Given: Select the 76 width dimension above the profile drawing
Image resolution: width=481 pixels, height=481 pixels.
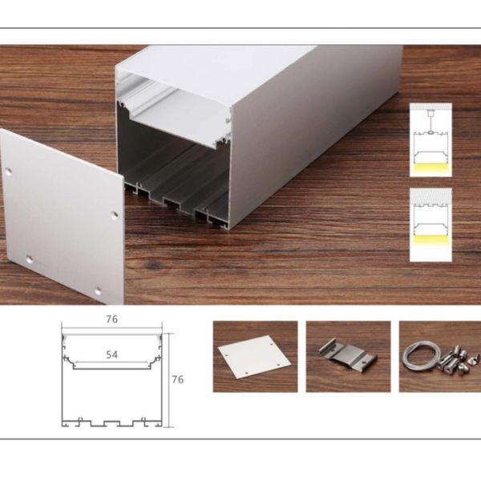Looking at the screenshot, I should tap(111, 319).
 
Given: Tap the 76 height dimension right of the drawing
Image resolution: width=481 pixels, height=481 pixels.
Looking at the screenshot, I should tap(178, 379).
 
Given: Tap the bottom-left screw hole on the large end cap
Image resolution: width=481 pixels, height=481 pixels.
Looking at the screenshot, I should tap(30, 259).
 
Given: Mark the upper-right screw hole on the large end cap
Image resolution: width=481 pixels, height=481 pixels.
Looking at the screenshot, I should tap(114, 214).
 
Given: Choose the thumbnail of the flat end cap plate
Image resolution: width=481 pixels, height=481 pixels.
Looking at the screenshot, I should tap(254, 358).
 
